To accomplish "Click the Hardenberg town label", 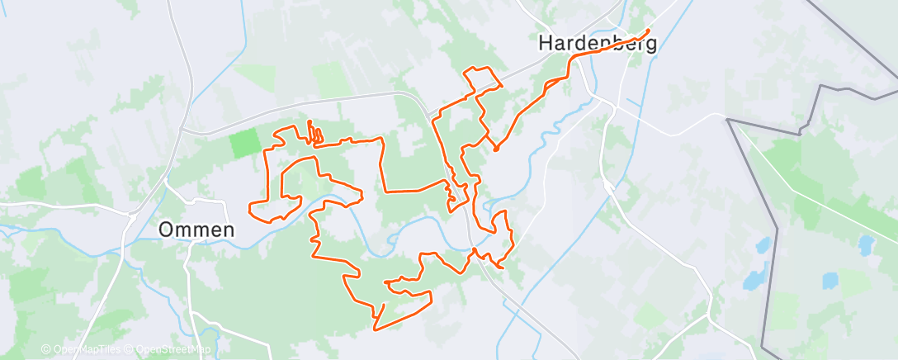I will tap(598, 43).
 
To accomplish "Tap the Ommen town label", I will tap(196, 230).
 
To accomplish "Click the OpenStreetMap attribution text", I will tap(168, 350).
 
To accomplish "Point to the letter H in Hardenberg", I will tap(546, 43).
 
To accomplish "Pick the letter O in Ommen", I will tap(165, 230).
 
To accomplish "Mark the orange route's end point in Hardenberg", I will tap(648, 31).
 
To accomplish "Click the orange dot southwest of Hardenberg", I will tap(496, 149).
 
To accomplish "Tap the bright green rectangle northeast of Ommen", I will tap(244, 143).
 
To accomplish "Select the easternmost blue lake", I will tap(866, 245).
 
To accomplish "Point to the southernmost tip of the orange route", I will tap(376, 329).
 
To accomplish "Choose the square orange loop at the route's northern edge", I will tap(484, 78).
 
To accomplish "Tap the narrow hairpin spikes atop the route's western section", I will tap(313, 131).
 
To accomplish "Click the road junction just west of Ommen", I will tap(133, 216).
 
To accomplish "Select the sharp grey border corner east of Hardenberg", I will tap(727, 120).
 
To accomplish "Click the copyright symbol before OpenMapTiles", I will tap(46, 350).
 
